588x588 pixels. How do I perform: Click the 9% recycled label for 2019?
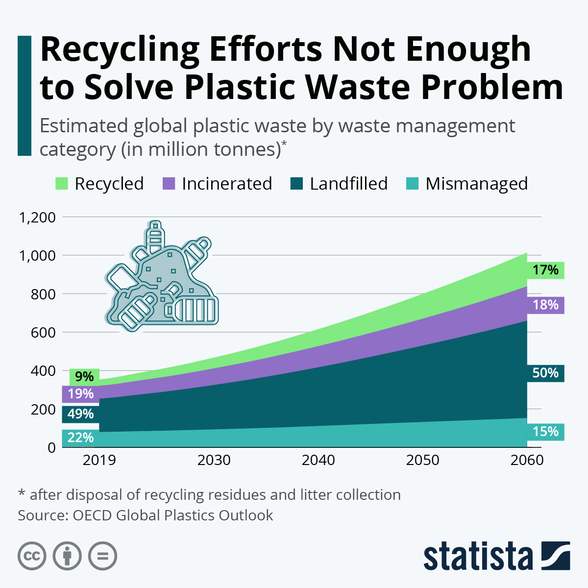(84, 377)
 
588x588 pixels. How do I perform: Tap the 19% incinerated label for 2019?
(80, 394)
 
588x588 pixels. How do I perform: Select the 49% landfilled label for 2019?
(80, 414)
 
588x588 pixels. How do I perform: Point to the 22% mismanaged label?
(80, 438)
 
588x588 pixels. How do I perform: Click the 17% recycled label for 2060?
(545, 270)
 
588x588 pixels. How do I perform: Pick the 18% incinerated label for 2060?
(545, 305)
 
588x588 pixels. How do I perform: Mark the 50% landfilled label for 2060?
(545, 373)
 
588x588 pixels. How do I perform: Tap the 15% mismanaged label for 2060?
(545, 432)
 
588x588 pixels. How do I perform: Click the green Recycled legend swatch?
(61, 184)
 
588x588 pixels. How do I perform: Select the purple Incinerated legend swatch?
(168, 184)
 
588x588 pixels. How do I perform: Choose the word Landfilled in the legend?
(348, 184)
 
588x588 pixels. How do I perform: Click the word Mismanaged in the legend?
(476, 184)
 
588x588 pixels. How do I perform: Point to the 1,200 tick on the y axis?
(37, 217)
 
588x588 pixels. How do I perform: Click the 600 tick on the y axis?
(43, 332)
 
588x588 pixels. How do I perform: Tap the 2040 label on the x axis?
(318, 461)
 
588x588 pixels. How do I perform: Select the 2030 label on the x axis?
(214, 461)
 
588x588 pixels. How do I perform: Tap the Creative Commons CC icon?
(32, 556)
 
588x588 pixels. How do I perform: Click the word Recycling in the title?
(120, 50)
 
